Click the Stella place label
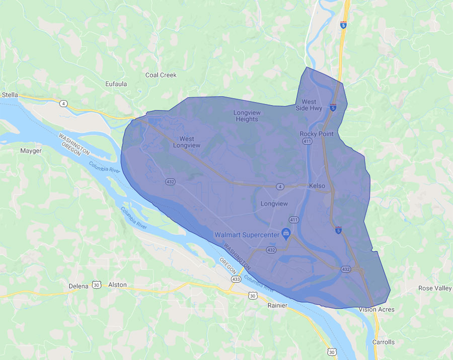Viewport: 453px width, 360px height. pos(10,94)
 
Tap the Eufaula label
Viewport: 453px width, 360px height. pos(116,84)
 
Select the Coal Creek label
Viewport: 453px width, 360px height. pos(161,75)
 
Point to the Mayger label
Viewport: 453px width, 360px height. pos(31,151)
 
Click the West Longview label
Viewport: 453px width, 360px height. pos(187,142)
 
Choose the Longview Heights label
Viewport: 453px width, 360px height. pos(246,115)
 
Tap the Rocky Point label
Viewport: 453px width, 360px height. pos(317,134)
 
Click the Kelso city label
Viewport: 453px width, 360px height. pos(317,186)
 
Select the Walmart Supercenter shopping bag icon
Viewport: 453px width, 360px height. pos(285,233)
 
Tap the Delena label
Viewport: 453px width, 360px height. pos(79,285)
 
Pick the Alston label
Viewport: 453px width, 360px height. pos(117,285)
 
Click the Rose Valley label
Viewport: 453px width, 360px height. pos(435,288)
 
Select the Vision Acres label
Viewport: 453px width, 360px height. pos(376,309)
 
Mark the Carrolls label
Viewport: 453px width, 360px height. pos(384,342)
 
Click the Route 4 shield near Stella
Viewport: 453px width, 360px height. pos(63,104)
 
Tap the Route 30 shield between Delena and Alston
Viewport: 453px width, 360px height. pos(96,285)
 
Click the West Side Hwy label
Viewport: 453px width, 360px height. pos(309,105)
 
